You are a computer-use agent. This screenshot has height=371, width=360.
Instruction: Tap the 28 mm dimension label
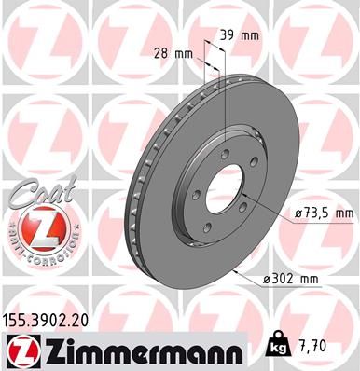(178, 54)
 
